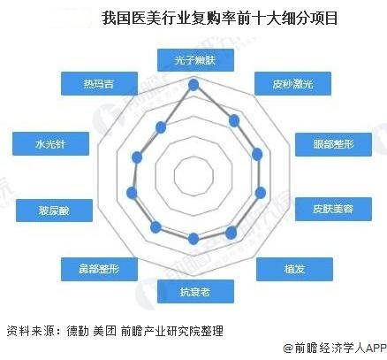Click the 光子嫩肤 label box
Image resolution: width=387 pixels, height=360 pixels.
click(195, 60)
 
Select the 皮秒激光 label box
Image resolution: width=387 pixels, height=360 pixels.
click(292, 84)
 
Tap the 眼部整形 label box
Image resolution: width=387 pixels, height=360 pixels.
click(333, 144)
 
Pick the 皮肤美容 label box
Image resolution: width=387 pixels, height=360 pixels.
click(333, 209)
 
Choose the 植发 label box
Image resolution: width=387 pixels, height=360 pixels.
click(294, 269)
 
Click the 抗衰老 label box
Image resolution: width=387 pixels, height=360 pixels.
click(195, 291)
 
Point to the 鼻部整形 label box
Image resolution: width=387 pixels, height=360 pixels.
click(99, 269)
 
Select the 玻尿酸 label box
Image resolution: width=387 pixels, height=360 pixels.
click(54, 211)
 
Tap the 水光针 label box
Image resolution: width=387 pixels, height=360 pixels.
click(50, 144)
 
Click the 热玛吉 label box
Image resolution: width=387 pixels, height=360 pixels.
click(99, 84)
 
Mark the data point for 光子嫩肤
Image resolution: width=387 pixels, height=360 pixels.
click(193, 85)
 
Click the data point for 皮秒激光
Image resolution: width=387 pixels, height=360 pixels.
click(234, 121)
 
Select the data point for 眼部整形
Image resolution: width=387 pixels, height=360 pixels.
click(257, 154)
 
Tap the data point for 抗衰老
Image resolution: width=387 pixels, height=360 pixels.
click(193, 239)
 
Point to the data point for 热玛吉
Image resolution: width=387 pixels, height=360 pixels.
click(161, 127)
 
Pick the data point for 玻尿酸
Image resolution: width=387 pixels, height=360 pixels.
click(132, 193)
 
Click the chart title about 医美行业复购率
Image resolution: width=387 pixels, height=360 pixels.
click(220, 19)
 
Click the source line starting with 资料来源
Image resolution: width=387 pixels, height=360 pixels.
click(115, 331)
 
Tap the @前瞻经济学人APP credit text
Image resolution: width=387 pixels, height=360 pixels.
click(335, 349)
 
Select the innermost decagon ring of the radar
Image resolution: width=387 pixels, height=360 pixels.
click(193, 157)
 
